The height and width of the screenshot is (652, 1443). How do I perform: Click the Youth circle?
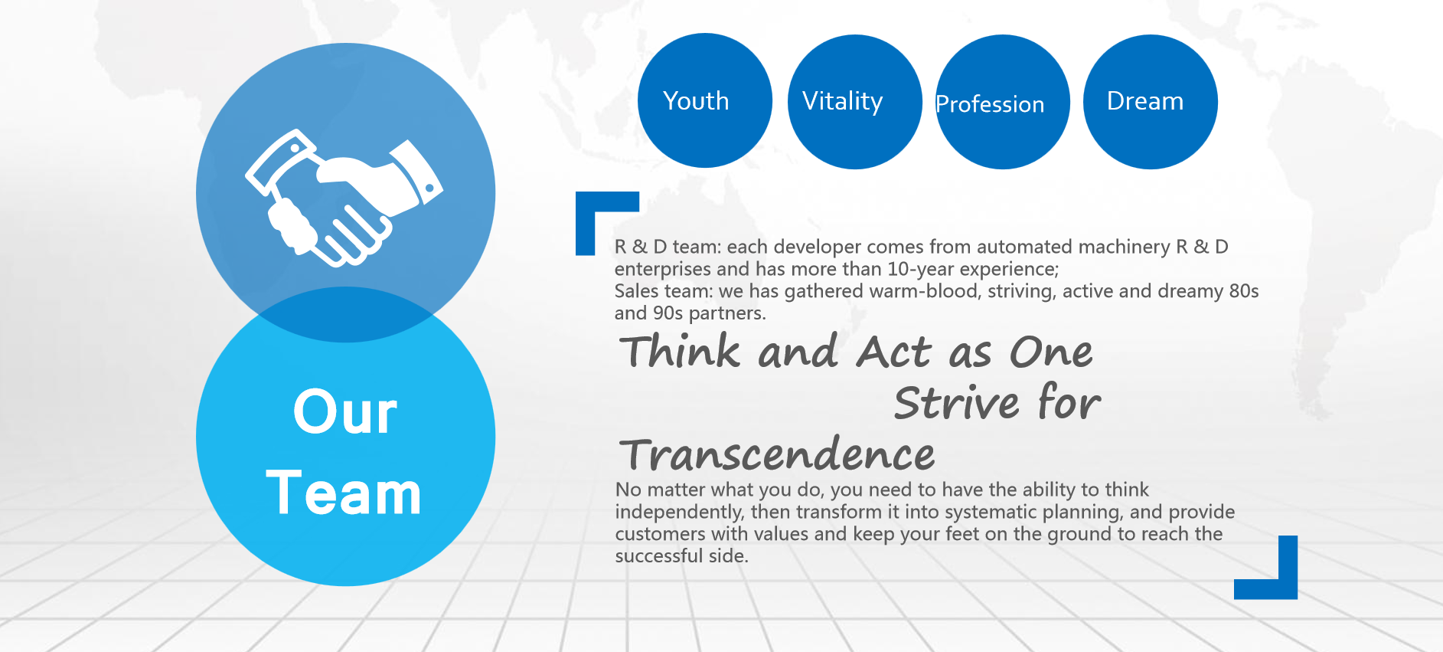704,100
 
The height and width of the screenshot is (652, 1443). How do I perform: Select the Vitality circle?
854,102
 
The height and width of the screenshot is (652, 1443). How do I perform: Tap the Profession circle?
1002,102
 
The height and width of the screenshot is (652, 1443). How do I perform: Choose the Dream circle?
1150,102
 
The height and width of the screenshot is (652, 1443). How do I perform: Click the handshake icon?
344,197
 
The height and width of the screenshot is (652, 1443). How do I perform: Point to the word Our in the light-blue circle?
345,412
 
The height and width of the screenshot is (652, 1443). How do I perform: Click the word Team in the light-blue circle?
344,493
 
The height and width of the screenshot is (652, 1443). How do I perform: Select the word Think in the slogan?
680,352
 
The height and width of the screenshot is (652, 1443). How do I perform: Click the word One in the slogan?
1051,352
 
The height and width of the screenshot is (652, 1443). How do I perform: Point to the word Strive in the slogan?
956,402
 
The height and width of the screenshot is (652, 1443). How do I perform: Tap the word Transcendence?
777,454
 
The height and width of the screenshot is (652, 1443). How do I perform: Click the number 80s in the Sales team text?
1244,291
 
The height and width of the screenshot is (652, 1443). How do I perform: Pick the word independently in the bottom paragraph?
680,512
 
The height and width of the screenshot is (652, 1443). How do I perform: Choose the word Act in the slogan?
893,352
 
